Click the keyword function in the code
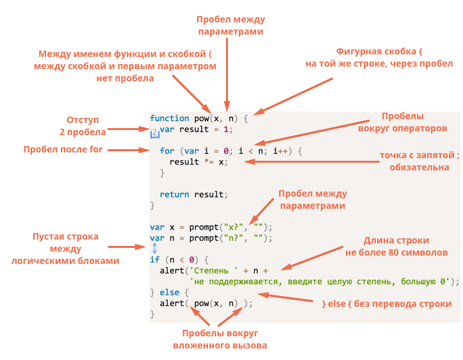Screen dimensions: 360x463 pos(170,119)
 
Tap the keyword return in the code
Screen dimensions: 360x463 pos(174,194)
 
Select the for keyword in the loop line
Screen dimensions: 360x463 pos(167,151)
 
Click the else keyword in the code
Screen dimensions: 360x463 pos(170,292)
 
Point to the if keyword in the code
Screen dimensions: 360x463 pos(154,259)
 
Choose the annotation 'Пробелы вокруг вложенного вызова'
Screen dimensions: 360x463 pos(220,340)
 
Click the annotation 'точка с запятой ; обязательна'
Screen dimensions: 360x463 pos(419,161)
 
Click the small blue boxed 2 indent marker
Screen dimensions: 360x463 pos(154,132)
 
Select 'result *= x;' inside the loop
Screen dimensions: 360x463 pos(198,161)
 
